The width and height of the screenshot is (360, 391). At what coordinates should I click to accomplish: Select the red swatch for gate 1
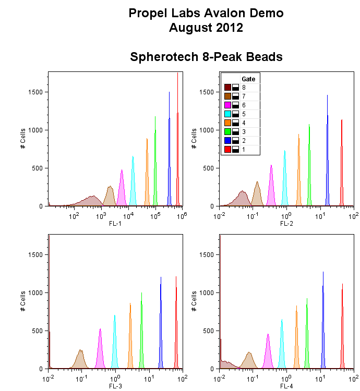tap(227, 150)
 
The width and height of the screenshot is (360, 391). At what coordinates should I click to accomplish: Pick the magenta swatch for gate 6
tap(227, 105)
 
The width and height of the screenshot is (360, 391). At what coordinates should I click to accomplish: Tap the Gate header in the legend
tap(248, 79)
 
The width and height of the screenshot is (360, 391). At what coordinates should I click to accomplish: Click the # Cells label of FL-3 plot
tap(23, 302)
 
